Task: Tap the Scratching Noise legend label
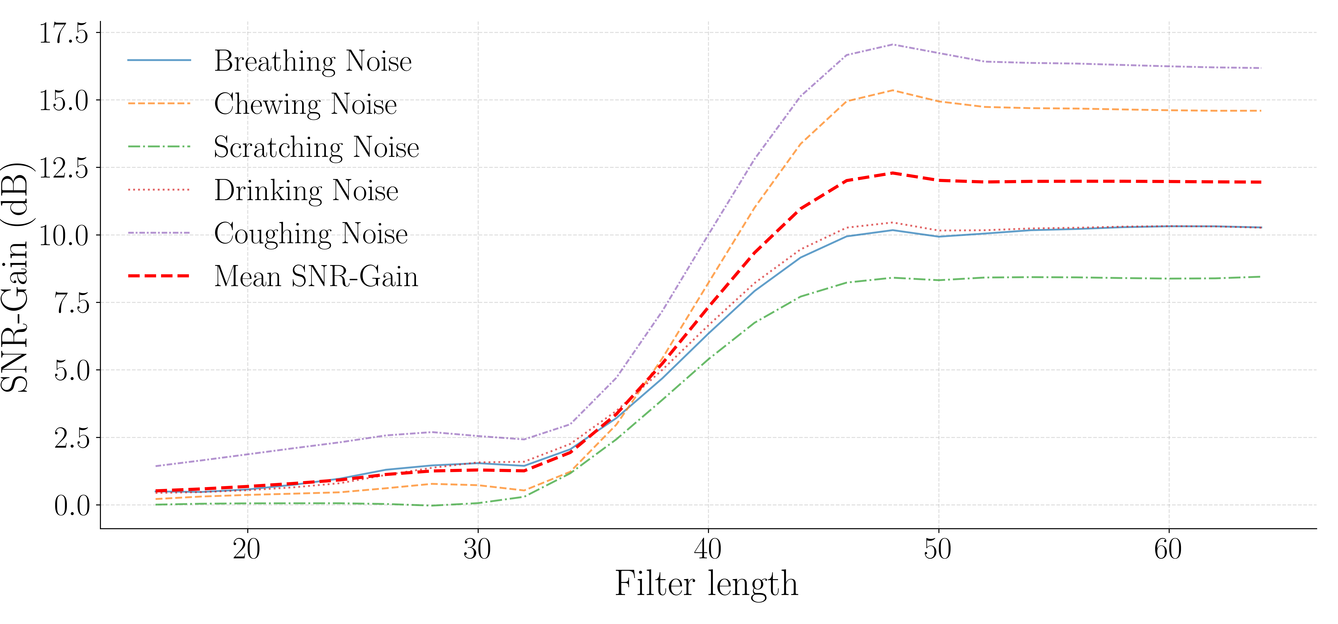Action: (316, 147)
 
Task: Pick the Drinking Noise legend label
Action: (306, 190)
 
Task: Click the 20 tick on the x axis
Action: (247, 549)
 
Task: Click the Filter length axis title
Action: (706, 584)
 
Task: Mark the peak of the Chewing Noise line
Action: (892, 90)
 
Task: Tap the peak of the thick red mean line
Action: (892, 173)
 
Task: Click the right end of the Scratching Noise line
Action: (1261, 277)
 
